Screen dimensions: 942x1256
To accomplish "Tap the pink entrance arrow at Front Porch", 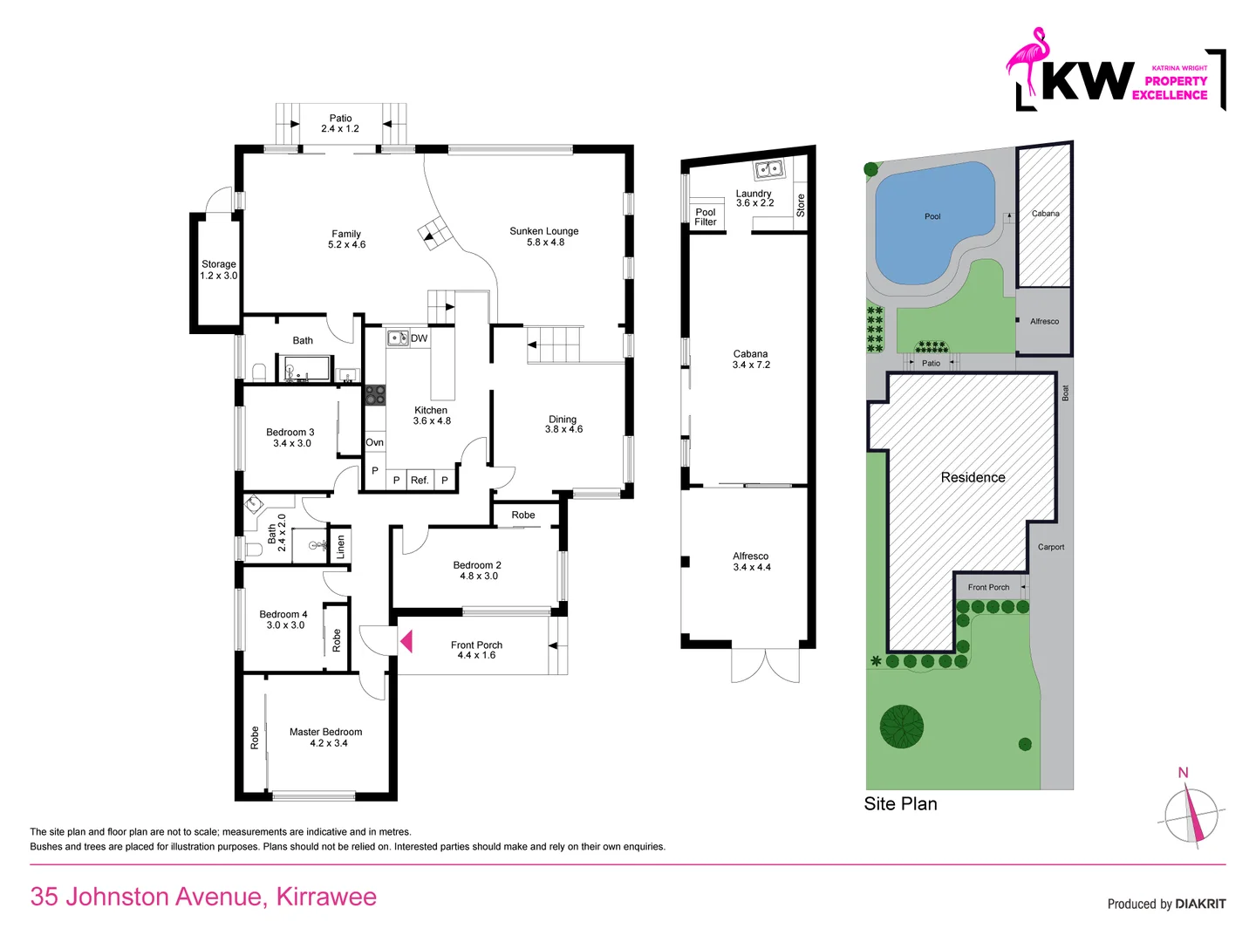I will tap(406, 642).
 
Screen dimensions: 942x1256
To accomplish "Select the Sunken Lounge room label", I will tap(544, 236).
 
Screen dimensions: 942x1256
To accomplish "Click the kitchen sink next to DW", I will tap(398, 338).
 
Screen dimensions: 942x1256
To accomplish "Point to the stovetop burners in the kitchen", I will tap(374, 395).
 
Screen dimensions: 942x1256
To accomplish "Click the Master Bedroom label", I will tap(326, 737).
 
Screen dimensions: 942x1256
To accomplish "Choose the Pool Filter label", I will tap(705, 217).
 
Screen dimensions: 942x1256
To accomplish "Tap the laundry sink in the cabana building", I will tap(768, 169).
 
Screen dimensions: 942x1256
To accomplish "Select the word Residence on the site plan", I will tap(973, 477).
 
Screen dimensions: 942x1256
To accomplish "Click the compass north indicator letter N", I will tap(1183, 773).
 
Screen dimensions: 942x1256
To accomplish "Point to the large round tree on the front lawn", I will tap(902, 727).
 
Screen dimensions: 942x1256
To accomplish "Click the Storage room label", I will tap(218, 270).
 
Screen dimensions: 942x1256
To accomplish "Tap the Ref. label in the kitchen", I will tap(420, 480).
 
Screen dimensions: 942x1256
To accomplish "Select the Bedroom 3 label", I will tap(290, 437).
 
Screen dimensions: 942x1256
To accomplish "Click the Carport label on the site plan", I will tap(1050, 547).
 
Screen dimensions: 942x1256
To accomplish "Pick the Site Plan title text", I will tap(900, 804).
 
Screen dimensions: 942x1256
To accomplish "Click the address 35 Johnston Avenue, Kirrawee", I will tap(203, 897).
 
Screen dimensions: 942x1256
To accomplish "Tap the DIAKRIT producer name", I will tap(1200, 904).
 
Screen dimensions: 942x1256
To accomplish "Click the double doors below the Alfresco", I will tap(765, 666).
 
